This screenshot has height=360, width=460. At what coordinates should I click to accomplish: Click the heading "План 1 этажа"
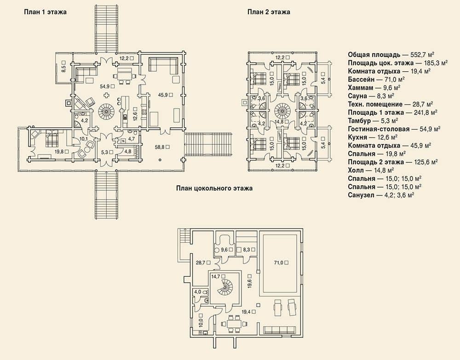pyautogui.click(x=45, y=12)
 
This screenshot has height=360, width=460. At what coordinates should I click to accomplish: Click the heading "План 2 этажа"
pyautogui.click(x=269, y=12)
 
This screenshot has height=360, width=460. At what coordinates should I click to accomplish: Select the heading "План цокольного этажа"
pyautogui.click(x=214, y=188)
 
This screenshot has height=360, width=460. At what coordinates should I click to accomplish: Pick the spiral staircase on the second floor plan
pyautogui.click(x=283, y=111)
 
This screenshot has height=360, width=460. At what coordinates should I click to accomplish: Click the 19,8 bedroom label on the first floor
pyautogui.click(x=61, y=152)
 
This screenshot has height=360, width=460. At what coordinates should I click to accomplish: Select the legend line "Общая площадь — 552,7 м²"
pyautogui.click(x=391, y=55)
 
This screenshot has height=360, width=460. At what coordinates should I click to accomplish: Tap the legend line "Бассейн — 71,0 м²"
pyautogui.click(x=376, y=80)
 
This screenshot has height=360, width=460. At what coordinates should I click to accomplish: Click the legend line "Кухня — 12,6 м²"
pyautogui.click(x=373, y=137)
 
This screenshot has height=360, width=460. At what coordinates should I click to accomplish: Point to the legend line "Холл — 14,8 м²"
pyautogui.click(x=371, y=170)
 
